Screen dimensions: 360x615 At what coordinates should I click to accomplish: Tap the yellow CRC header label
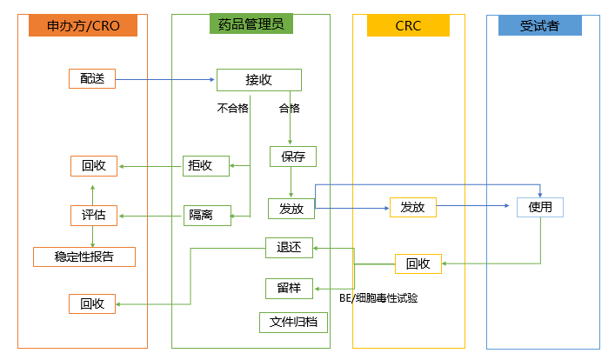coord(408,26)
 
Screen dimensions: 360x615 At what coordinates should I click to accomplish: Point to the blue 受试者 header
coord(539,26)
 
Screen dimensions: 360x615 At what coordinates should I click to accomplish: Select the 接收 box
coord(258,80)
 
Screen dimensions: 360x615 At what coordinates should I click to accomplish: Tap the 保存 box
coord(292,157)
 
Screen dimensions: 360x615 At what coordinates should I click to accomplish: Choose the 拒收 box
coord(206,165)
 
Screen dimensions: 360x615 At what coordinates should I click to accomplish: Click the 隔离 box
coord(206,214)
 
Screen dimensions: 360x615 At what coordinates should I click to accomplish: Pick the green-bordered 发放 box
coord(291,209)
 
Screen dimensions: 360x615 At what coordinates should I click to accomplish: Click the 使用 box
coord(540,207)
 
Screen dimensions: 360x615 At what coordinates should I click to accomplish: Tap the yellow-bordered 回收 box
coord(418,263)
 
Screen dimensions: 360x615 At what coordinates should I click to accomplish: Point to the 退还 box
coord(288,249)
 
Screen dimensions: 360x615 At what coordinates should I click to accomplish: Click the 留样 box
coord(288,288)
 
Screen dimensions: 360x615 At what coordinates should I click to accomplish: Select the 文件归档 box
coord(293,322)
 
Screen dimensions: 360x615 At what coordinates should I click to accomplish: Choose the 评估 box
coord(92,215)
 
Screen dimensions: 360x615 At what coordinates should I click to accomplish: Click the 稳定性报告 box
coord(84,257)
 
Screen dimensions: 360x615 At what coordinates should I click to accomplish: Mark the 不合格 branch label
coord(232,109)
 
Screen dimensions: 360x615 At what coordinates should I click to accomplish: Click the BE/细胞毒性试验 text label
coord(378,298)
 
